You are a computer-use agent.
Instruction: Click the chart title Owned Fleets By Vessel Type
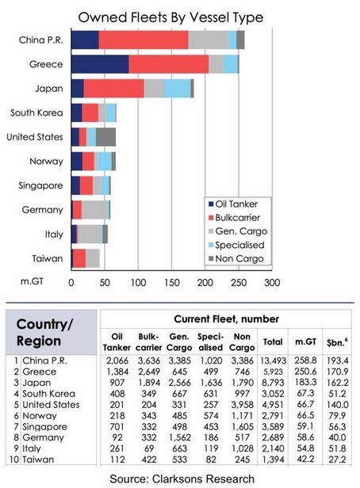coord(170,17)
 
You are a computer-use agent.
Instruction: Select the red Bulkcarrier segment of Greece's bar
coord(168,64)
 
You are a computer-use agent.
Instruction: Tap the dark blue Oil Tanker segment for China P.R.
coord(85,40)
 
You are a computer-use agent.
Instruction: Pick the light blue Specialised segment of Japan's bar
coord(177,89)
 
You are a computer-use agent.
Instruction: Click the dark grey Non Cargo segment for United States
coord(105,137)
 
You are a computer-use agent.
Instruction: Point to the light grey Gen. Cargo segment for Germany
coord(95,210)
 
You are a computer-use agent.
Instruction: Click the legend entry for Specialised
coord(236,245)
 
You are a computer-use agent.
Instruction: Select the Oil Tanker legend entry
coord(233,204)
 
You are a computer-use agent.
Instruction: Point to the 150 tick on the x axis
coord(172,283)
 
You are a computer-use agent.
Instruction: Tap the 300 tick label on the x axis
coord(272,283)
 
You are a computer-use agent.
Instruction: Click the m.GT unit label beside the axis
coord(32,281)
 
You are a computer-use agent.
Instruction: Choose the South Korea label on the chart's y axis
coord(36,112)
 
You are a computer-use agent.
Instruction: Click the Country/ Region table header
coord(44,333)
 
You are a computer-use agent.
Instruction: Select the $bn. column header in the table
coord(337,342)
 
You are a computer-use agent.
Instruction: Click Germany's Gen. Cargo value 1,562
coord(179,437)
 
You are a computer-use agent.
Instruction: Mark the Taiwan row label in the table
coord(38,459)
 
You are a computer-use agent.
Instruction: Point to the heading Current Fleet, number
coord(227,319)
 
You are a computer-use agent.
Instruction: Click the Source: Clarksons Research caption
coord(182,479)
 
